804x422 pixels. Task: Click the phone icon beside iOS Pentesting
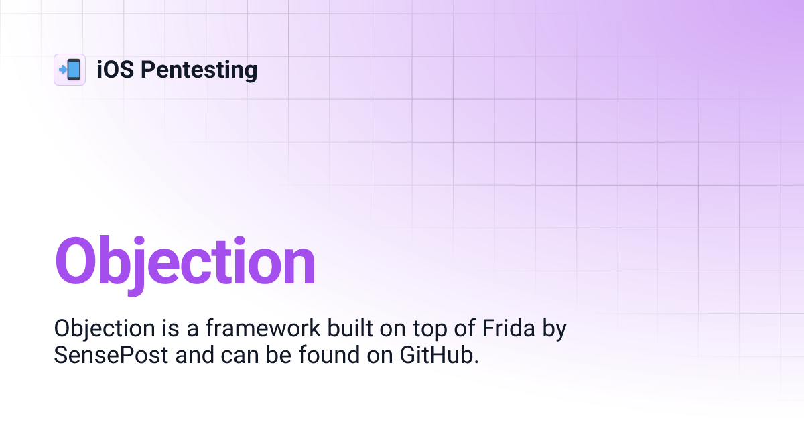coord(70,70)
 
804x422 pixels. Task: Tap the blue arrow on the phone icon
coord(63,69)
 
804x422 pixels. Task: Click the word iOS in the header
coord(115,70)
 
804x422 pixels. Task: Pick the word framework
coord(263,328)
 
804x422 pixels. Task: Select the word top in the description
coord(429,330)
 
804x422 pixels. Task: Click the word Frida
coord(509,328)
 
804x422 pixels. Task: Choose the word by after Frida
coord(554,330)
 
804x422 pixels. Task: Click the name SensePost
coord(111,356)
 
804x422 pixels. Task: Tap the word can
coord(239,358)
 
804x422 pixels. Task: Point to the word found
coord(329,355)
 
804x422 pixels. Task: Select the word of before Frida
coord(464,328)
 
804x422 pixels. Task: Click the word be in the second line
coord(278,355)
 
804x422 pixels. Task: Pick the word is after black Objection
coord(170,328)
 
